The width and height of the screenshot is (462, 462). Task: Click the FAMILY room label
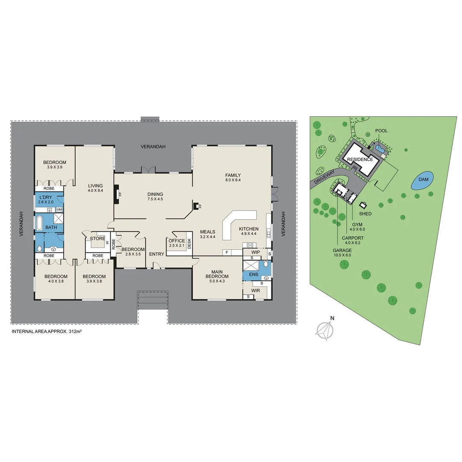tap(233, 175)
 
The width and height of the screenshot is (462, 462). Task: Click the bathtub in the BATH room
tap(40, 223)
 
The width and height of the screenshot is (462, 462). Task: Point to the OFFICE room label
tap(177, 241)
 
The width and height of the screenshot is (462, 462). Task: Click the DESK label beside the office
tap(190, 243)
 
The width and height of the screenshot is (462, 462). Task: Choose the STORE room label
tap(98, 239)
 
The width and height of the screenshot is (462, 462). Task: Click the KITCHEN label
tap(249, 228)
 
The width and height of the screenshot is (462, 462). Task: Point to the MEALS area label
tap(207, 232)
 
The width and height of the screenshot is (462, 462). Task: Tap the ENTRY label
tap(157, 254)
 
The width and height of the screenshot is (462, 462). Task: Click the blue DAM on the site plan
tap(422, 181)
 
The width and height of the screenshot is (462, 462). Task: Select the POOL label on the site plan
tap(381, 131)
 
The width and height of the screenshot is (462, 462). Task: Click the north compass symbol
tap(325, 329)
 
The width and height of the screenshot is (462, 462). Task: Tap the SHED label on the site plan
tap(365, 213)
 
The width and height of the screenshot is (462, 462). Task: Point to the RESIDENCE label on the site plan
tap(360, 160)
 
